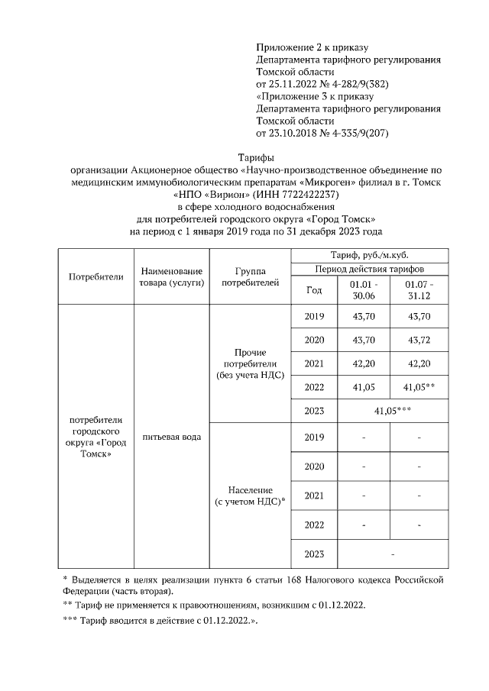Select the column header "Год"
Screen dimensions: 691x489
click(313, 289)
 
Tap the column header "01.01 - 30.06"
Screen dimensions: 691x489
click(362, 289)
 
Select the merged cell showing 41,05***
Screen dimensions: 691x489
click(389, 411)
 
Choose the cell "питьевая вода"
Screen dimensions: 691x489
click(172, 437)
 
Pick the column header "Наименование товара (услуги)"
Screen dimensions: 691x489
click(172, 276)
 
